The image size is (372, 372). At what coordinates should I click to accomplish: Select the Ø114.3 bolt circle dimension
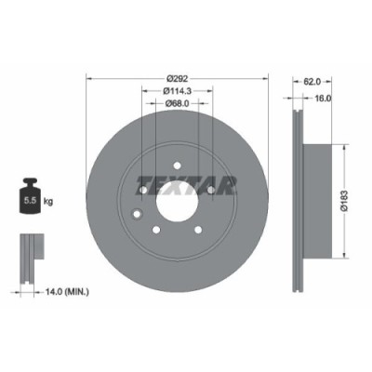coord(178,90)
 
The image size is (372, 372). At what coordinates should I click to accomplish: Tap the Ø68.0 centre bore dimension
coord(178,103)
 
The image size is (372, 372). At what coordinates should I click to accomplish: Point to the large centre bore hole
coord(178,198)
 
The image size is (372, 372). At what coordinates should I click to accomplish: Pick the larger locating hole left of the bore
coord(139,215)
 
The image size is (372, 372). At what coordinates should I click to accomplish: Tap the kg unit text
coord(46,199)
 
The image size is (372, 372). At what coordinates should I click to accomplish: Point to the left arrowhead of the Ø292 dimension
coord(90,78)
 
